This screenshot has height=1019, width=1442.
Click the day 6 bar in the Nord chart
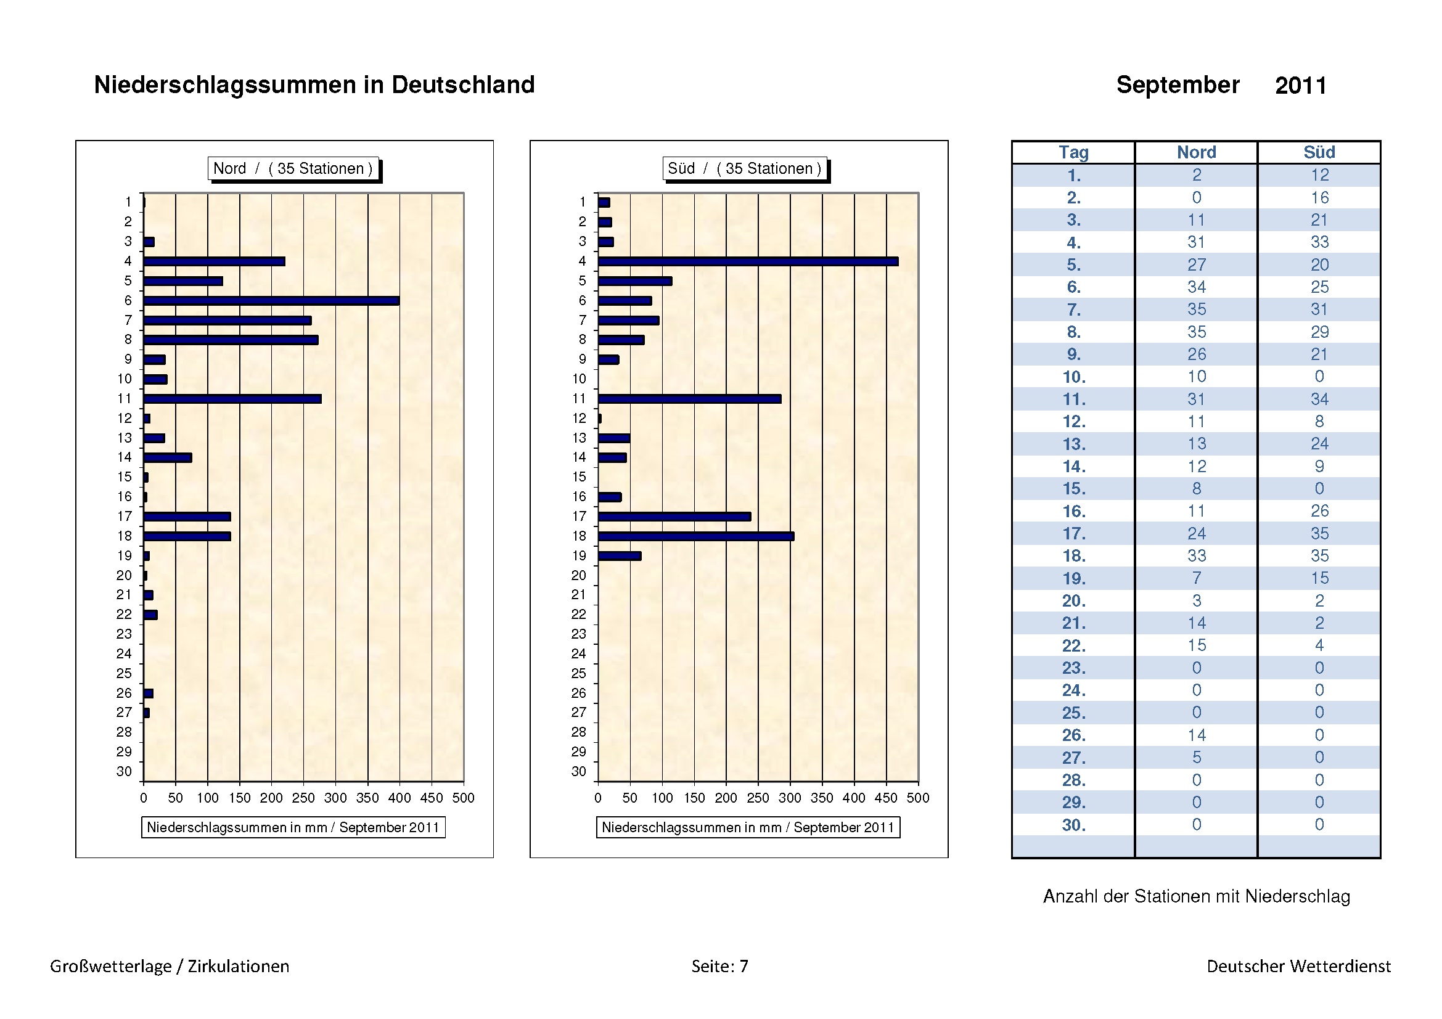click(271, 301)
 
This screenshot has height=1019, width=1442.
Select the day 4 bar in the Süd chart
click(747, 261)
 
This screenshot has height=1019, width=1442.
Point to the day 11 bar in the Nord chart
click(232, 399)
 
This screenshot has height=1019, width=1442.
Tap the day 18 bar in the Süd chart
click(696, 536)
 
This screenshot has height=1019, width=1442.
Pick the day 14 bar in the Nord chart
click(168, 457)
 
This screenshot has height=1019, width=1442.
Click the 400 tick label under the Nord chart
click(399, 798)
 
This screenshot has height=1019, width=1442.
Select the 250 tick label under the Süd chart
click(758, 798)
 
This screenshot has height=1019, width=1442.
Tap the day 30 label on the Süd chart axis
click(578, 772)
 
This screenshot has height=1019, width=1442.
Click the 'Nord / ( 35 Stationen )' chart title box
click(293, 168)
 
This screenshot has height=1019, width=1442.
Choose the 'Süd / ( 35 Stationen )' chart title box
click(745, 168)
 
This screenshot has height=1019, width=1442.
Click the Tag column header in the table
click(1073, 152)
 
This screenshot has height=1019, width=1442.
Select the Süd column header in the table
click(1319, 152)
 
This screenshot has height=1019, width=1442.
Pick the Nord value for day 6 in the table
click(1197, 287)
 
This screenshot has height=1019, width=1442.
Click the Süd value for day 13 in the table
click(1319, 444)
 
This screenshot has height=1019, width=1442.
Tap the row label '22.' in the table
click(1073, 645)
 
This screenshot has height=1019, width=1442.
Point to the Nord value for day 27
click(1197, 758)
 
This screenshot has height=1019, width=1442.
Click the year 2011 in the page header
click(1301, 86)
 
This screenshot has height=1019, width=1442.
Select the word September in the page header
click(1178, 84)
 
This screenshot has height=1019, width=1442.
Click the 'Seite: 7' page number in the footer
click(719, 966)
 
